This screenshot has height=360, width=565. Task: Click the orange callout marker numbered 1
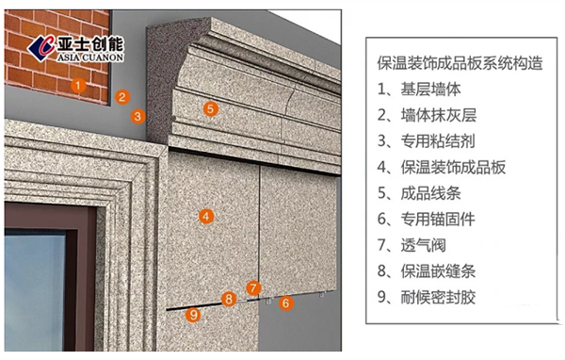click(x=78, y=86)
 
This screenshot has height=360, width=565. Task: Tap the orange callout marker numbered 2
click(x=122, y=97)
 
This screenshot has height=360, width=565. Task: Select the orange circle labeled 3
click(x=137, y=116)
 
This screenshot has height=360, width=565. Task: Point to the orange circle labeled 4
click(x=206, y=217)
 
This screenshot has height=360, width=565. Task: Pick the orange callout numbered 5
click(x=211, y=108)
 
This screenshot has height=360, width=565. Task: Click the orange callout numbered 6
click(x=286, y=303)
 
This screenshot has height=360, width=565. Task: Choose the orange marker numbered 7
click(x=253, y=288)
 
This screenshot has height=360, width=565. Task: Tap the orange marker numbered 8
click(x=229, y=299)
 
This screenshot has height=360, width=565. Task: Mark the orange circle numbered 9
click(x=193, y=315)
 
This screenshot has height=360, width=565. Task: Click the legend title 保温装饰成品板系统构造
click(x=460, y=63)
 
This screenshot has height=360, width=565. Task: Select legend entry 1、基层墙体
click(x=419, y=90)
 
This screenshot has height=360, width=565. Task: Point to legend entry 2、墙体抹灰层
click(x=427, y=115)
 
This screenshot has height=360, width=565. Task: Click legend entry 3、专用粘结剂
click(x=427, y=141)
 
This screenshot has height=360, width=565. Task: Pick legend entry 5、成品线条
click(x=419, y=193)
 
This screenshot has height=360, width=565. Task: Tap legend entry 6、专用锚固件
click(x=427, y=219)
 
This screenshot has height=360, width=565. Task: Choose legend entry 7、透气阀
click(x=412, y=245)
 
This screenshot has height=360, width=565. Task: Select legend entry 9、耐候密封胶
click(x=427, y=297)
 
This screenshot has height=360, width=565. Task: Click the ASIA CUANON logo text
click(x=90, y=57)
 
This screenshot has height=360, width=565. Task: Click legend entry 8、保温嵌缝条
click(x=427, y=271)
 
